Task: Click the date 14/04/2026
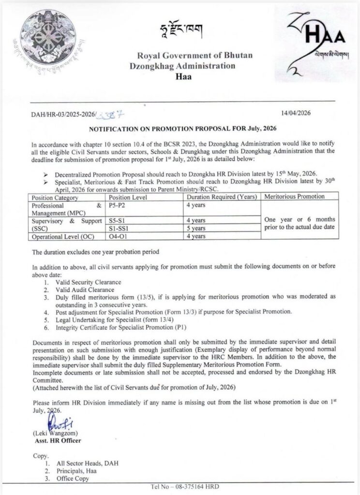coord(296,113)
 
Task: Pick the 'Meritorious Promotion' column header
coord(295,197)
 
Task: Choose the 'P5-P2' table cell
coord(117,205)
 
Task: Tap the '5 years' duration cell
coord(197,228)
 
